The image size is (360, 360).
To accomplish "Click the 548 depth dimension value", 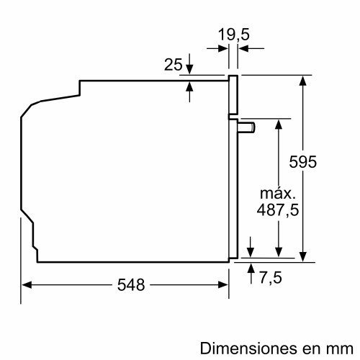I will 131,284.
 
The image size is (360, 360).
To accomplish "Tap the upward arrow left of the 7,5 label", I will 251,269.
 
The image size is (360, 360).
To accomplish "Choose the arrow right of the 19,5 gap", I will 243,48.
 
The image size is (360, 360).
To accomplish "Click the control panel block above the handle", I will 233,95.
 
